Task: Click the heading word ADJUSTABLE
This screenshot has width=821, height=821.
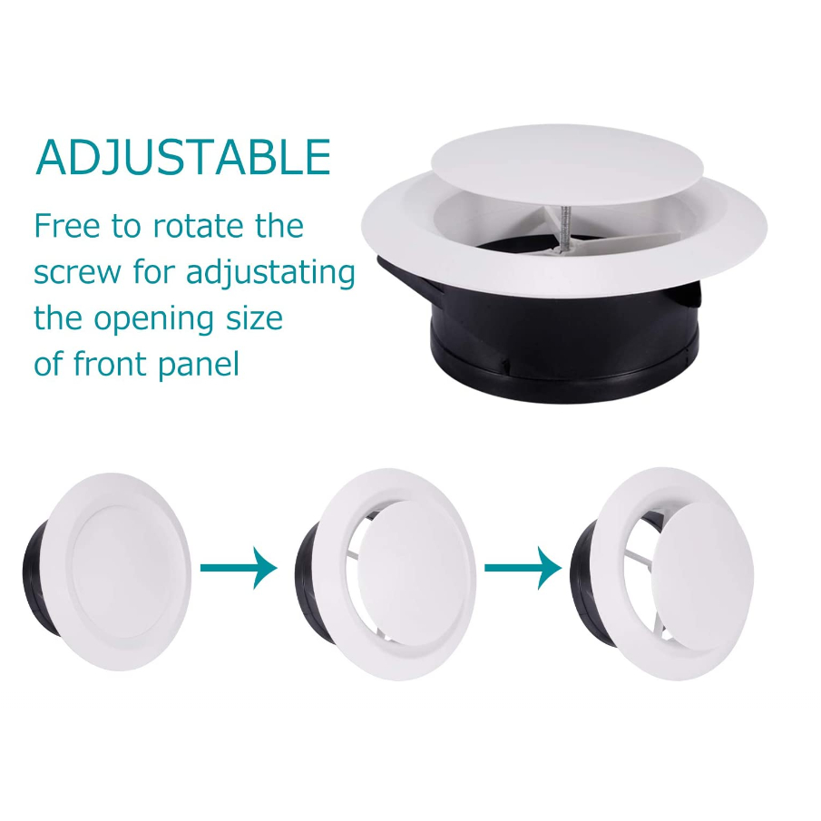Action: pos(182,157)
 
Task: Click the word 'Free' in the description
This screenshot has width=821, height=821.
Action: pos(66,226)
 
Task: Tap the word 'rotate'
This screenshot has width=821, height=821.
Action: pos(191,226)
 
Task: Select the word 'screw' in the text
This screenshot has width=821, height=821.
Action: pos(77,273)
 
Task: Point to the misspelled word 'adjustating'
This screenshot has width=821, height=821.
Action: pos(270,273)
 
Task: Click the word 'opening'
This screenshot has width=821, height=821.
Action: pos(153,318)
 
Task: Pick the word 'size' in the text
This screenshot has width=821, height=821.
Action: pos(255,318)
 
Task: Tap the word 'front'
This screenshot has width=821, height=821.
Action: pos(110,364)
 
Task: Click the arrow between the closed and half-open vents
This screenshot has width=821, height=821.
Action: pos(239,568)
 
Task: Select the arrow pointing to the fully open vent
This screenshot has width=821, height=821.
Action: pos(523,568)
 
